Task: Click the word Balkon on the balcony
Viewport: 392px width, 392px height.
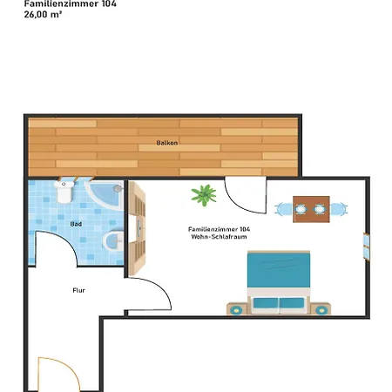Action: pos(167,140)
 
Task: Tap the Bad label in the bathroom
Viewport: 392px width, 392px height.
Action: pos(76,223)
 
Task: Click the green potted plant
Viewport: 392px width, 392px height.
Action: pos(205,194)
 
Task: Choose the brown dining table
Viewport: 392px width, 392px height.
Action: pos(311,208)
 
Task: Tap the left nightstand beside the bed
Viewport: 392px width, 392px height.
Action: pos(237,308)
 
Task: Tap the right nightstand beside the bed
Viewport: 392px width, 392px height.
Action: pos(321,308)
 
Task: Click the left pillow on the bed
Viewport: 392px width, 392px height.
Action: pos(264,304)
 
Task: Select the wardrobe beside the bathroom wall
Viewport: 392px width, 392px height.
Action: pos(137,226)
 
